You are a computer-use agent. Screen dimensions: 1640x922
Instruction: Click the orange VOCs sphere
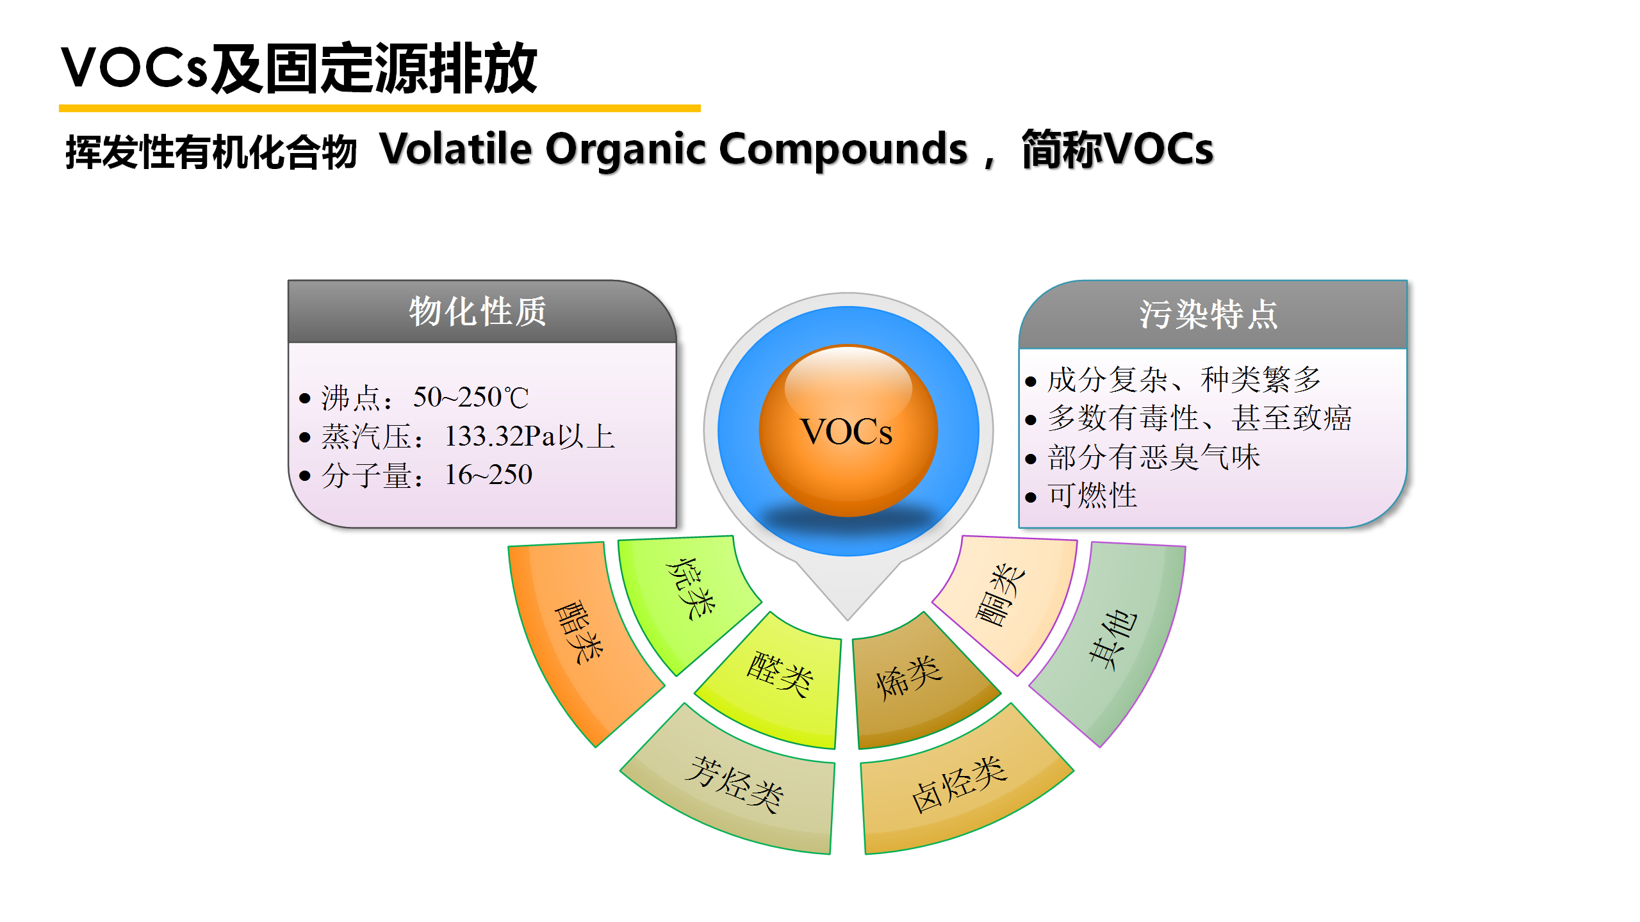click(x=848, y=431)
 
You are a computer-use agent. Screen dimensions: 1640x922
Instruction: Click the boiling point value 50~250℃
click(x=471, y=398)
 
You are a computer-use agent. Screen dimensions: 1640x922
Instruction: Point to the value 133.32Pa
click(x=500, y=437)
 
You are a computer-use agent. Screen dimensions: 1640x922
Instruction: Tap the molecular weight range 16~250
click(x=488, y=475)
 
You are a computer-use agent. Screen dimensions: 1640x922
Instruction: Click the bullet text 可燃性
click(x=1092, y=496)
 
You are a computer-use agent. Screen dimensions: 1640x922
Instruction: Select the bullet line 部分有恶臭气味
click(x=1154, y=457)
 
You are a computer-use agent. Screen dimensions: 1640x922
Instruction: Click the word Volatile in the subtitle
click(x=455, y=149)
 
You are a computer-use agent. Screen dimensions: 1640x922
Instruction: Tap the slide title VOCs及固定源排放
click(x=299, y=69)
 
